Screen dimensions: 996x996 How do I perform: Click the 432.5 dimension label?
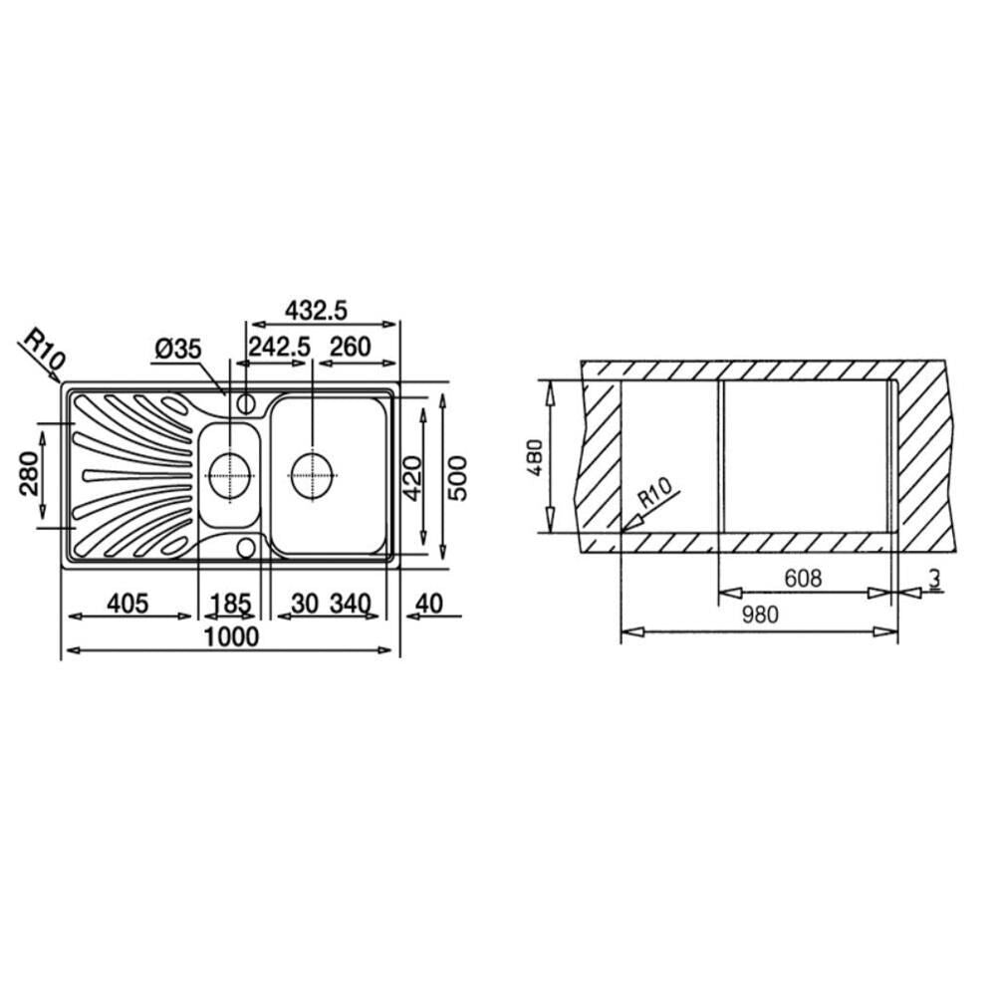point(316,311)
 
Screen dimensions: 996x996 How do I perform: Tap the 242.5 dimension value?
point(279,348)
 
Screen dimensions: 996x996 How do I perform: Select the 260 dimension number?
point(350,348)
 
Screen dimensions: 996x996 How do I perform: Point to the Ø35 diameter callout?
point(178,348)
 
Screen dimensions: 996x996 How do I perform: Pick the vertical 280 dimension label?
point(29,473)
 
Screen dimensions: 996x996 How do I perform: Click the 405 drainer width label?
point(127,604)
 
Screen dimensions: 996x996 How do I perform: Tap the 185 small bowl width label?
point(231,604)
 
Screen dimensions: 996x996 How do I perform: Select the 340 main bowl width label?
point(350,604)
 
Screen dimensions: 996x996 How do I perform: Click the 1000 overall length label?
point(231,636)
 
